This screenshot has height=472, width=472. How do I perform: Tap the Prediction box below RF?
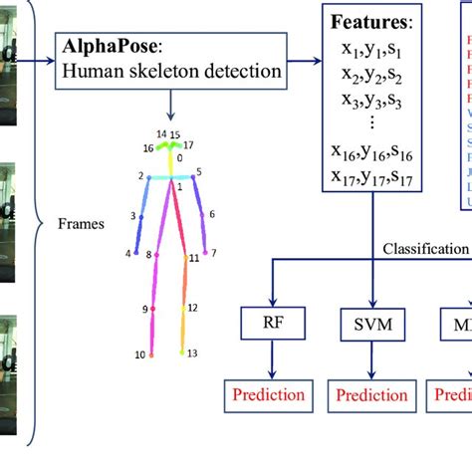point(265,394)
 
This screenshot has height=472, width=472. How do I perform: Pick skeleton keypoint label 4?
point(127,253)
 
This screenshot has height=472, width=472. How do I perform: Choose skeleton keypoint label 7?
point(213,253)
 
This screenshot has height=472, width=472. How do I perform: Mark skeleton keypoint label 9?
point(144,310)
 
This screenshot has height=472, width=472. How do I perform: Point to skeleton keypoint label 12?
point(193,308)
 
